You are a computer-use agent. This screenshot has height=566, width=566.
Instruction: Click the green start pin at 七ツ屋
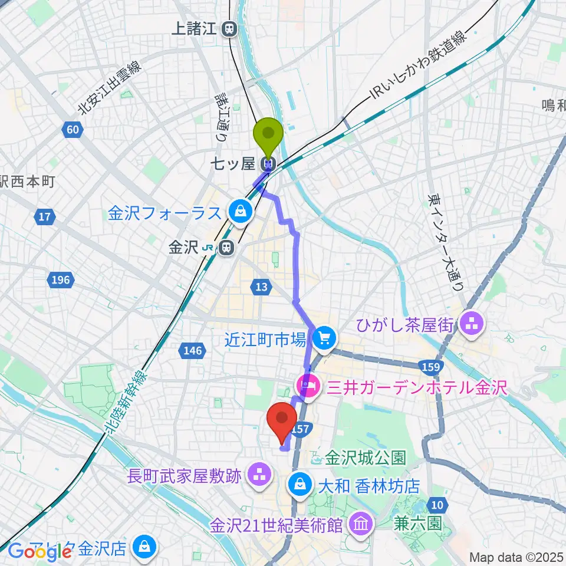[268, 134]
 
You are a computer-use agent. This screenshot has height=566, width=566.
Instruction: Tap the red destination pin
[282, 419]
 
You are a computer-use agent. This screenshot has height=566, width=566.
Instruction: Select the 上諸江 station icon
[230, 28]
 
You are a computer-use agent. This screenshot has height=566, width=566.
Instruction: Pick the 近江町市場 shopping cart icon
[323, 338]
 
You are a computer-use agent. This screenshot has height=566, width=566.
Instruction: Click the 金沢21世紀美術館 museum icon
[360, 522]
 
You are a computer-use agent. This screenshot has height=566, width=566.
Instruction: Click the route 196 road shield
[61, 280]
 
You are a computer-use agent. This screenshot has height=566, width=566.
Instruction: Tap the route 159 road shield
[432, 367]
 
